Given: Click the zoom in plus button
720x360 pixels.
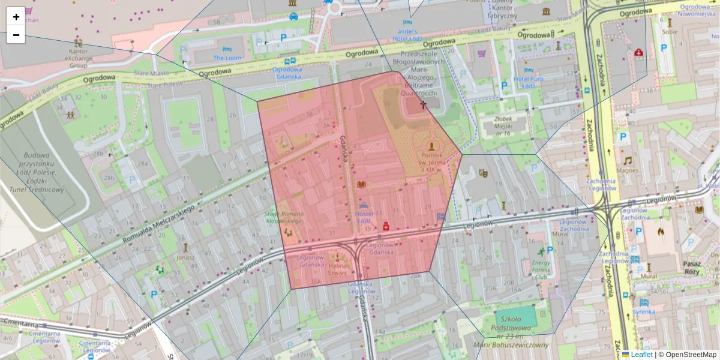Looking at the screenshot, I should coord(16,17).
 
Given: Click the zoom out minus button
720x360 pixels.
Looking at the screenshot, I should coord(16,35).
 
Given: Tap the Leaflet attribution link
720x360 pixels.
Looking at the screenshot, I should coord(641,355).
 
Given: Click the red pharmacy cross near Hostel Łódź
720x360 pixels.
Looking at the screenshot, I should coord(386,226).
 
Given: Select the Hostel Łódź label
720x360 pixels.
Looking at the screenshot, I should coord(364,218).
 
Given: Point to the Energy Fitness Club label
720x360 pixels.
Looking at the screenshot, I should coord(541,269).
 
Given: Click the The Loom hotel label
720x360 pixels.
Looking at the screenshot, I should coord(227,58).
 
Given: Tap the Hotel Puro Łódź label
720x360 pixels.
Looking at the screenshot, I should coord(528,82).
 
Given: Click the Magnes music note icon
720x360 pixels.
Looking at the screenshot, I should coord(628,160).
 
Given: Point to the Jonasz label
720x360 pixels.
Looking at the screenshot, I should coord(185,257).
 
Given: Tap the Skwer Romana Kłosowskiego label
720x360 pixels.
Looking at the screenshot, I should coord(284,217).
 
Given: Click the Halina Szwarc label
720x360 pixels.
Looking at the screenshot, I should coord(337,269).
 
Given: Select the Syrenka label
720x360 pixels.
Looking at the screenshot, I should coord(644,312).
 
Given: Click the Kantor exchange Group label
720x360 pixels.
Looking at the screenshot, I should coord(77,59).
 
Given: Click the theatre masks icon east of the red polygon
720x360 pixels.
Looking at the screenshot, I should coord(483,173).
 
